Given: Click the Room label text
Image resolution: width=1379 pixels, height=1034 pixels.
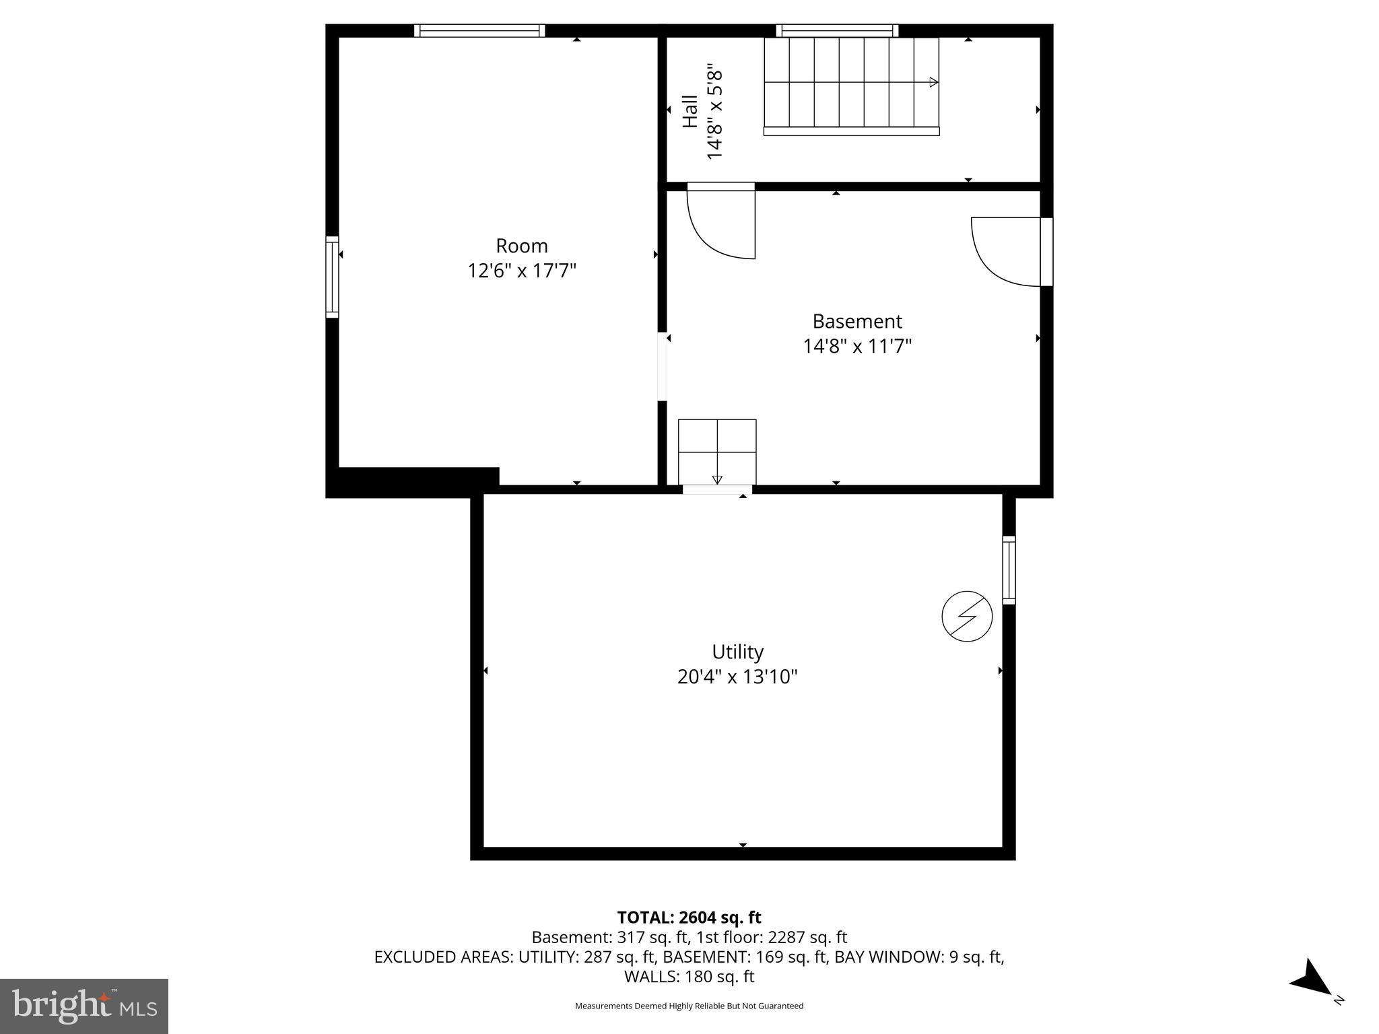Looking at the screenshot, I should tap(521, 246).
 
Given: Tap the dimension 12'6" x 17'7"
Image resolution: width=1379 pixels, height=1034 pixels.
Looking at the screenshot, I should tap(522, 271).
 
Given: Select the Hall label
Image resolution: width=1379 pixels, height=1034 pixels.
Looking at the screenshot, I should tap(690, 111).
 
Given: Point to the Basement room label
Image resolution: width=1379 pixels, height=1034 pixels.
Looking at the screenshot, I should tap(856, 321).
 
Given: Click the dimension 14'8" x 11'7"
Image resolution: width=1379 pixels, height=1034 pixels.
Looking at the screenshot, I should tap(856, 347).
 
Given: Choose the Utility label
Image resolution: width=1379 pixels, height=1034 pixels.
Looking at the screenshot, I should tap(737, 652).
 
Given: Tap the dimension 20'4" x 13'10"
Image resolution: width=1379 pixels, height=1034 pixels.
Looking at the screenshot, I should tap(737, 677).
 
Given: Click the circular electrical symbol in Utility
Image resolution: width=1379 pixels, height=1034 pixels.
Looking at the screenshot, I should tap(967, 616).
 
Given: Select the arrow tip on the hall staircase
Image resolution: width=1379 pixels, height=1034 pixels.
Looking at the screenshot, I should tap(934, 82).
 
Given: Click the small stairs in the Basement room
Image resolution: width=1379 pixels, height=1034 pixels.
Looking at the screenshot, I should tap(717, 452).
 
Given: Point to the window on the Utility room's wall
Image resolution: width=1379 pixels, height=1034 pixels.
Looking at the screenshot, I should tap(1009, 570).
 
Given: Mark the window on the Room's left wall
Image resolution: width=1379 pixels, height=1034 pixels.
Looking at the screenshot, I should tap(332, 277).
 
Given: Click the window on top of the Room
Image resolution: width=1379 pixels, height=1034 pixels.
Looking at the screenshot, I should tap(479, 30).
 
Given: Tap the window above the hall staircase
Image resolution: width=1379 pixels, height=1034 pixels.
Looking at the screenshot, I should tap(837, 30).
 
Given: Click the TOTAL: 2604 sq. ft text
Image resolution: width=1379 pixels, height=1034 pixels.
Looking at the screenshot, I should tap(689, 918).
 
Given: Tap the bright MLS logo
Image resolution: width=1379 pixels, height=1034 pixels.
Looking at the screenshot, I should tap(84, 1006).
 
